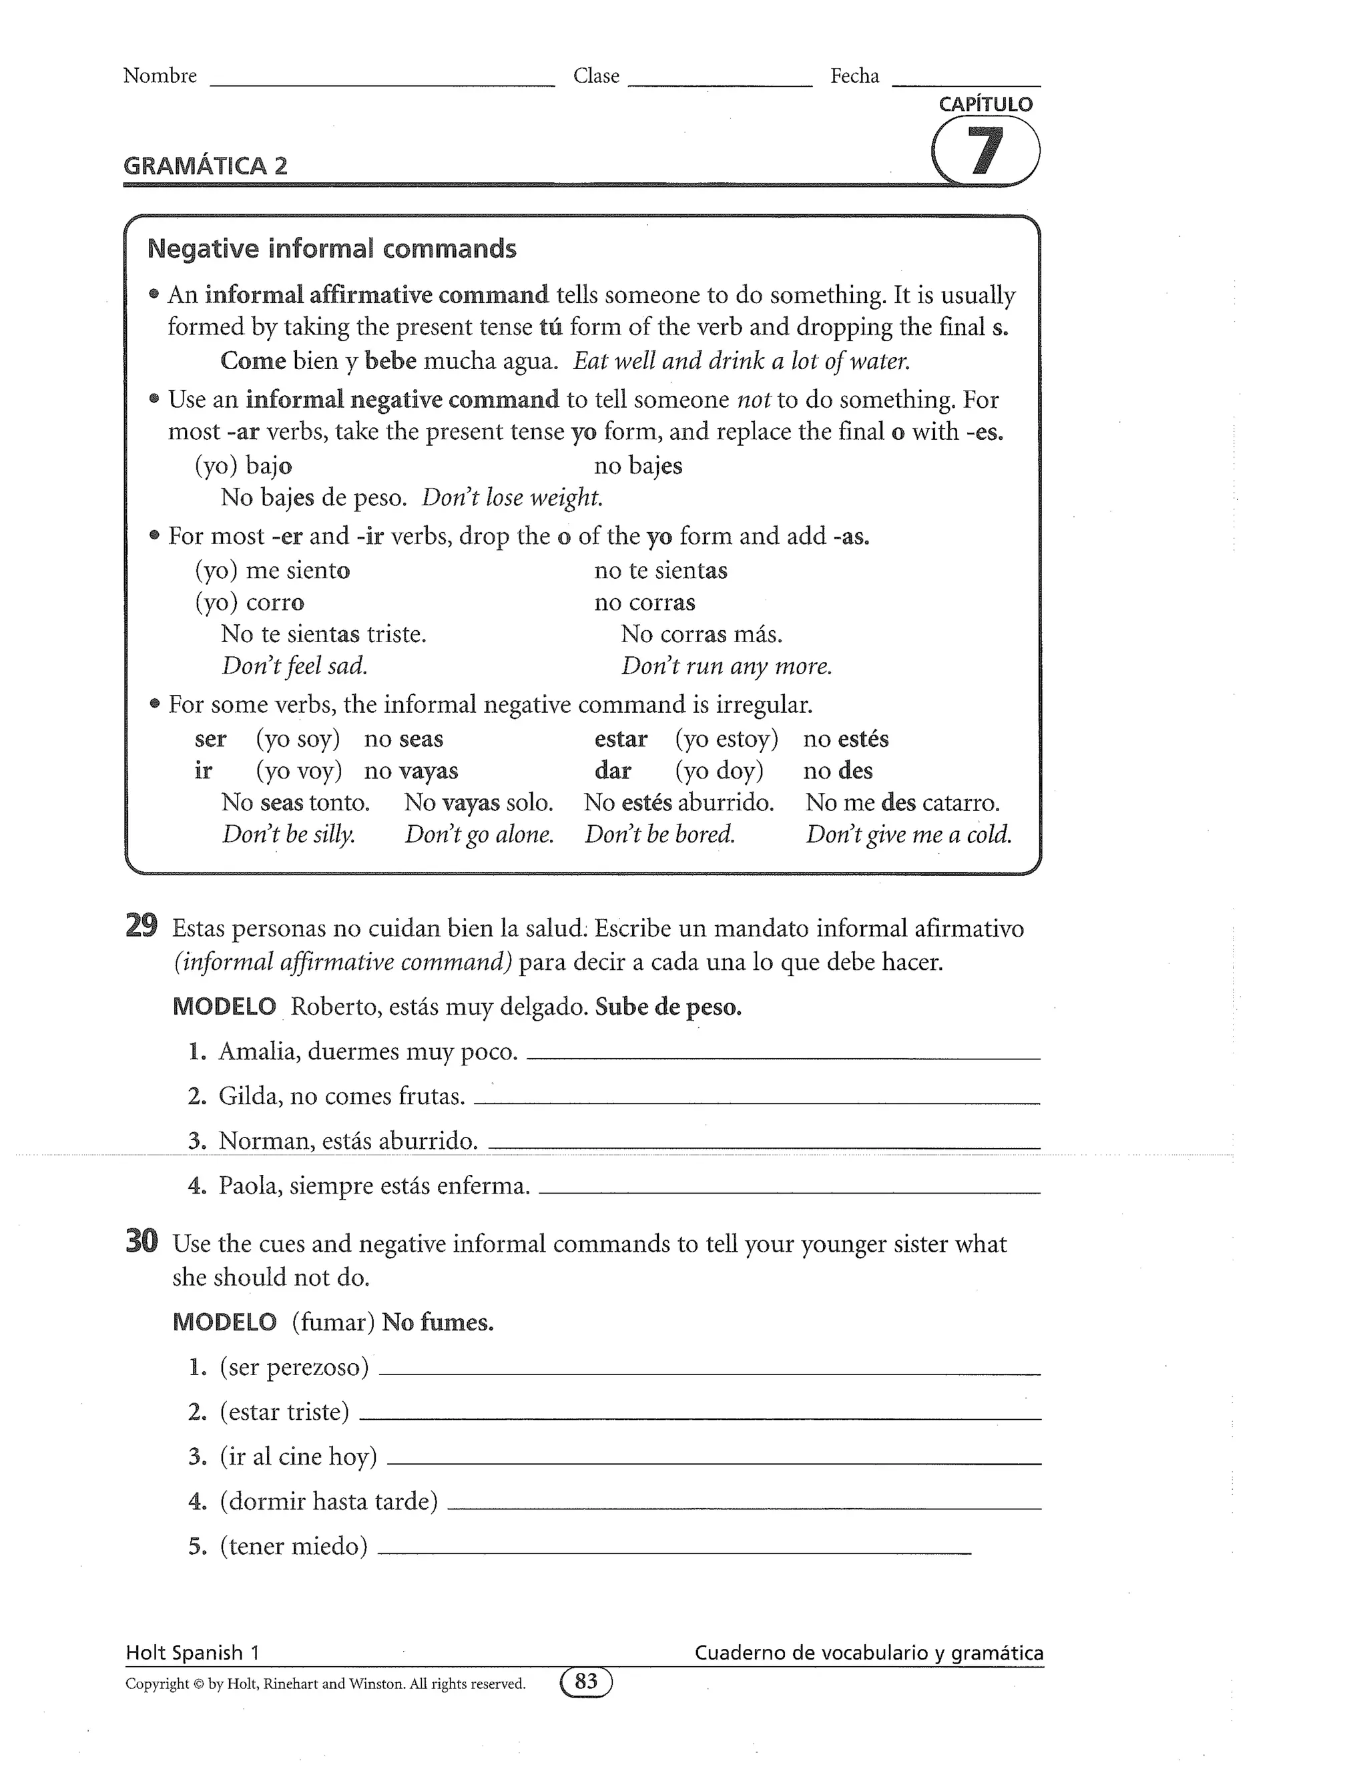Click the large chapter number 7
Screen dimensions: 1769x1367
[985, 152]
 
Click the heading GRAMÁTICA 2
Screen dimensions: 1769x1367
[205, 166]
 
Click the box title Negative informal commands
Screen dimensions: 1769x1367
[331, 249]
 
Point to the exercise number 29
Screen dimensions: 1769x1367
[141, 926]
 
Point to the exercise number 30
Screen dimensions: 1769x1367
[141, 1241]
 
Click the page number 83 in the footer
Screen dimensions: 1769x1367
[585, 1682]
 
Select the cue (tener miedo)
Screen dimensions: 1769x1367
[293, 1546]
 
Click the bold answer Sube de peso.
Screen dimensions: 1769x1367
[668, 1007]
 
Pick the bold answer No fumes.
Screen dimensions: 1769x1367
[437, 1322]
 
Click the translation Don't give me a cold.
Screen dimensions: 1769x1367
[908, 834]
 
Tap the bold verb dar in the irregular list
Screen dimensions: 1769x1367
[612, 770]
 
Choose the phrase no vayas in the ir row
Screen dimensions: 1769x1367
[411, 770]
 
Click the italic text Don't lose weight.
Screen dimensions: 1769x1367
[512, 497]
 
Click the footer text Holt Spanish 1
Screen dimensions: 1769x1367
[192, 1653]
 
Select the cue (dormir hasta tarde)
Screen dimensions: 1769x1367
[328, 1502]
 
